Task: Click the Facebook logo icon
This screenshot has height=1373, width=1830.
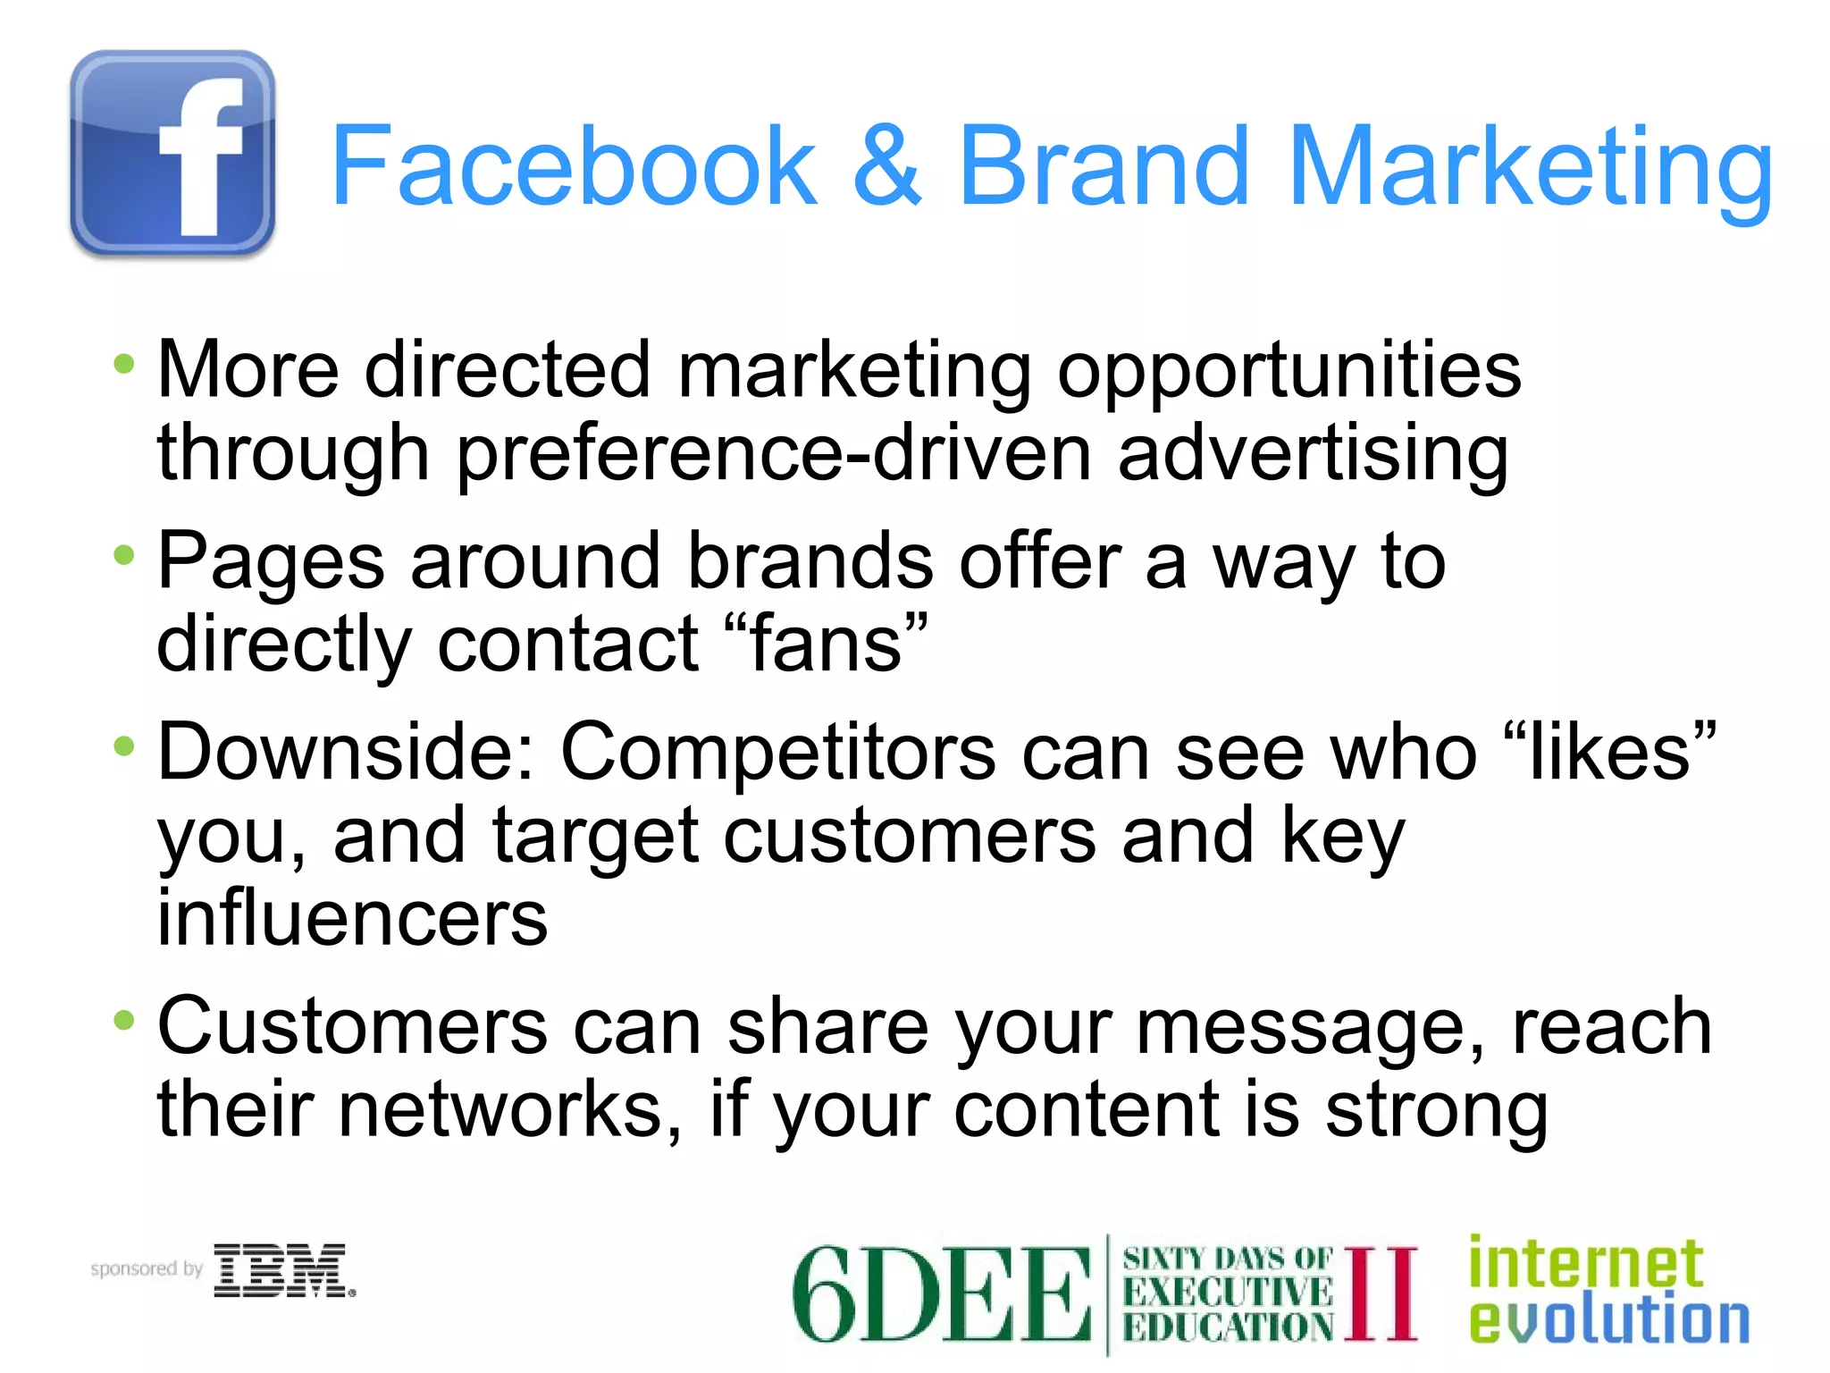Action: [172, 154]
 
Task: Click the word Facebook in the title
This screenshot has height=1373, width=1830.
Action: [573, 166]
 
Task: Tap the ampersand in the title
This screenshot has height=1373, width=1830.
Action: [886, 166]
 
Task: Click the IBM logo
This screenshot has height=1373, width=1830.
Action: [282, 1269]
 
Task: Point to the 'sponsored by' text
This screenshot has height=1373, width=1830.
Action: [147, 1268]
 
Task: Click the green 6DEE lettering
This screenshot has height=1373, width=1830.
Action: [940, 1294]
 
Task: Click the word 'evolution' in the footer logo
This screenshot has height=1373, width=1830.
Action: [1608, 1320]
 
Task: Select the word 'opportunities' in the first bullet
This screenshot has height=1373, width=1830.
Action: [1289, 372]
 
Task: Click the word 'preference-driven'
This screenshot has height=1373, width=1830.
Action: [774, 454]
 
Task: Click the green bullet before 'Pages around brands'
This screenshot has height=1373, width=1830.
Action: [124, 556]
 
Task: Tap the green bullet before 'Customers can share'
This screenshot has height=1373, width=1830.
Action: [124, 1019]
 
